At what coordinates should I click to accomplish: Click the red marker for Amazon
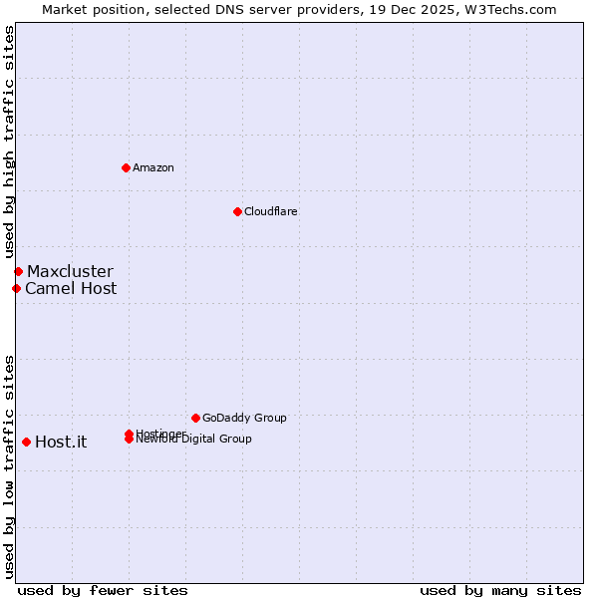tap(126, 167)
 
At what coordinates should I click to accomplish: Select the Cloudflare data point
tap(237, 211)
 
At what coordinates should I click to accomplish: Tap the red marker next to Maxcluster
tap(18, 271)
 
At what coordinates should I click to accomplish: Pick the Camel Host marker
tap(16, 288)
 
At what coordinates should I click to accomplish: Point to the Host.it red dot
tap(26, 442)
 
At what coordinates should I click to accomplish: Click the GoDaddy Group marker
tap(195, 418)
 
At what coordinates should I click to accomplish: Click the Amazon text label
tap(152, 167)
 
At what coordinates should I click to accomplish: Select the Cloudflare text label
tap(270, 211)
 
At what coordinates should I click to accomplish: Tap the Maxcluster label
tap(70, 271)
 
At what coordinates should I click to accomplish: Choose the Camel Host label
tap(71, 289)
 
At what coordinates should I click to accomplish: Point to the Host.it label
tap(61, 443)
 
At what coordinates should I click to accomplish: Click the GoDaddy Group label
tap(244, 418)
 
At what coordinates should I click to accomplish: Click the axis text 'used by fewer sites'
tap(103, 590)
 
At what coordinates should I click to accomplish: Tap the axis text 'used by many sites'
tap(500, 590)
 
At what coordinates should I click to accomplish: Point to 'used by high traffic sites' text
tap(9, 142)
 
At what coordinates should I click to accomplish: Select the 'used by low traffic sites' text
tap(9, 465)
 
